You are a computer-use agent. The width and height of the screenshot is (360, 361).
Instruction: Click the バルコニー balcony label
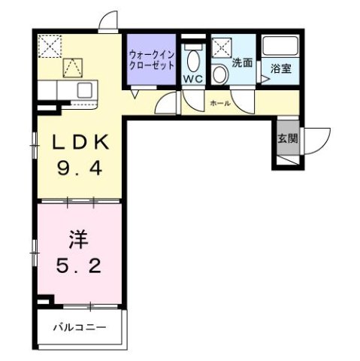pos(79,328)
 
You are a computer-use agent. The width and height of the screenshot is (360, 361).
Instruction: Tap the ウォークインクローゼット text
pos(151,59)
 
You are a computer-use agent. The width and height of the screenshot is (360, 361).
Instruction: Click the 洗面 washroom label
pos(242,64)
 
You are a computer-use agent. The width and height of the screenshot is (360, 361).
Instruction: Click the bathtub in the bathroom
pos(282,47)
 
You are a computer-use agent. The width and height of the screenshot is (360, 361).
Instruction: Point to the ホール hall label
pos(219,102)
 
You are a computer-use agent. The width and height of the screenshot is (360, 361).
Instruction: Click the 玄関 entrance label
pos(287,138)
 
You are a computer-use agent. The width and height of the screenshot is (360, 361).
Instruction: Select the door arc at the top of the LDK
pos(109,22)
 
